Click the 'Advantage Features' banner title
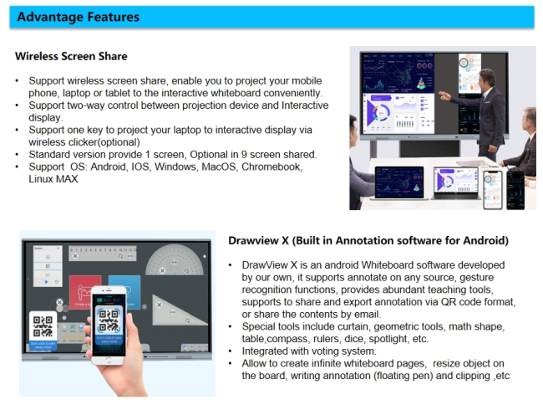point(79,17)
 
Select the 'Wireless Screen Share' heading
point(71,56)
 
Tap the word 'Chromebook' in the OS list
point(271,167)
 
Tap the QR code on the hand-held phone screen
point(109,320)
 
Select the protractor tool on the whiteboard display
point(174,261)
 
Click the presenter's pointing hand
point(444,95)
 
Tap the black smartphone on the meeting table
point(515,190)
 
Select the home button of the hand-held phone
point(109,360)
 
